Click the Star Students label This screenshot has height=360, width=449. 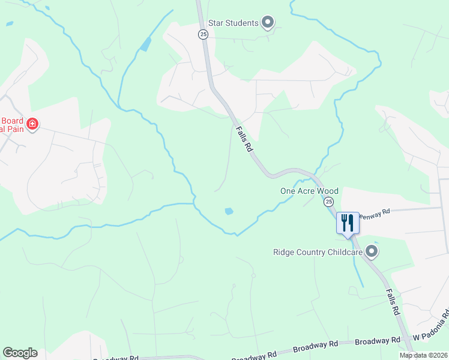tap(234, 23)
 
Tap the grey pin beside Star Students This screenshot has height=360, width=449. tap(268, 23)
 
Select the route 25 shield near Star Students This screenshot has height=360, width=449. tap(203, 35)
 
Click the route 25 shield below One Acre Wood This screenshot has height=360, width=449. tap(328, 202)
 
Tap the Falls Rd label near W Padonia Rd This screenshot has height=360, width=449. tap(392, 301)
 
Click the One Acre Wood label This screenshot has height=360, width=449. tap(309, 191)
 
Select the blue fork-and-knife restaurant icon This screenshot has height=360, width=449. tap(348, 223)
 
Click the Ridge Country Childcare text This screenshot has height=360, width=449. tap(318, 253)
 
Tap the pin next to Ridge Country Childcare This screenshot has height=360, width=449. tap(372, 252)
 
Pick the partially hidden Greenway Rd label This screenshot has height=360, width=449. tap(375, 211)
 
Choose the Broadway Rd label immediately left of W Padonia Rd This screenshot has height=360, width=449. tap(378, 341)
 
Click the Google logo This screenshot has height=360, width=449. tap(20, 353)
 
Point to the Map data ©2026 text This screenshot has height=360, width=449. tap(423, 355)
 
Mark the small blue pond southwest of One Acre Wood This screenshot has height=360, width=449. tap(228, 211)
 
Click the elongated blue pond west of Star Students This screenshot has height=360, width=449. tap(145, 44)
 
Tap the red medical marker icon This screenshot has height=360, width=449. tap(32, 125)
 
